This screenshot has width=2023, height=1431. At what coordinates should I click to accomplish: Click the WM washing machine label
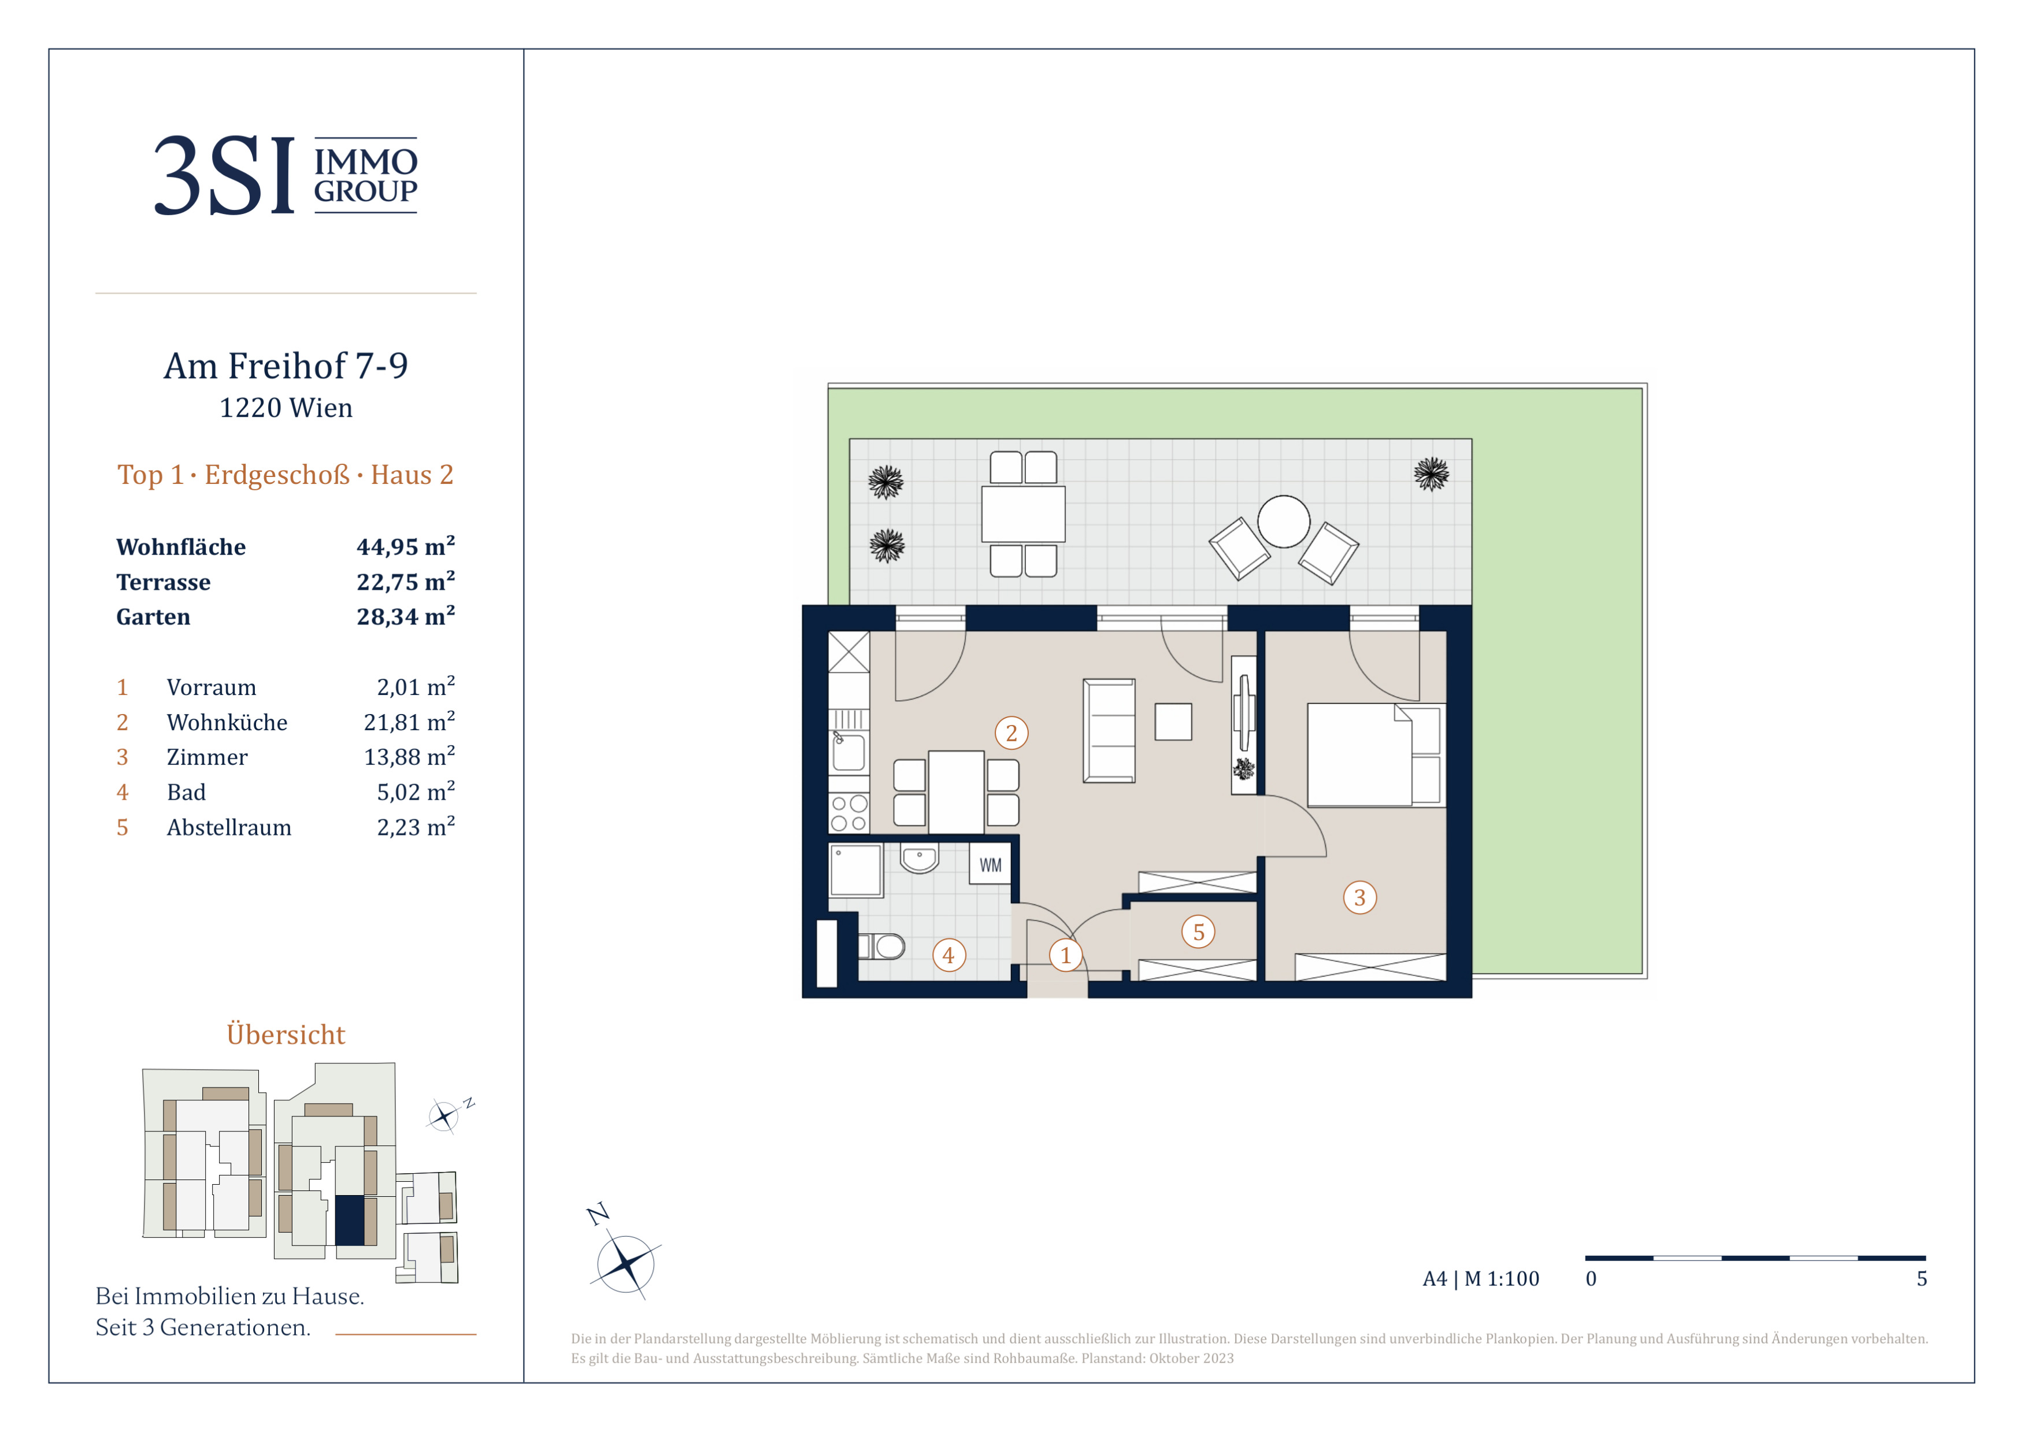click(x=990, y=866)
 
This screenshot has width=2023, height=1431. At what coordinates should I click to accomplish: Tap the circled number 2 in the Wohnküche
click(x=1011, y=733)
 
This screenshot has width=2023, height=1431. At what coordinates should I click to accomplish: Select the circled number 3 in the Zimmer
click(x=1359, y=898)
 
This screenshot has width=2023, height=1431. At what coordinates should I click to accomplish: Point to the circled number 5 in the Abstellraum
click(x=1198, y=932)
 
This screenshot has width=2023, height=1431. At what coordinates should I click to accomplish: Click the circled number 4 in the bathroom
click(x=949, y=955)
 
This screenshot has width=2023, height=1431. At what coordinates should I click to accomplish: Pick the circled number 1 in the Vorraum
click(x=1065, y=955)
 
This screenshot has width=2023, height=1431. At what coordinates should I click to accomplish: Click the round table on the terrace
click(x=1284, y=522)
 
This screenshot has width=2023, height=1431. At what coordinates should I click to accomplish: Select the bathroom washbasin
click(x=919, y=857)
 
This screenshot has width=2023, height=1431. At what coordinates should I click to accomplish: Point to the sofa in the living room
click(x=1109, y=730)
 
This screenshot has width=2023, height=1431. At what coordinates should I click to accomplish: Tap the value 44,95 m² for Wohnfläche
click(x=405, y=546)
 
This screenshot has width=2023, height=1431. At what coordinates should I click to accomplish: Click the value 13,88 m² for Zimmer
click(x=409, y=757)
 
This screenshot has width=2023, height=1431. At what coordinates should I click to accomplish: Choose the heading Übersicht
click(x=286, y=1034)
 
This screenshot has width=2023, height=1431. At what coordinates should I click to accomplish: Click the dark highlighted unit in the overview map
click(x=350, y=1221)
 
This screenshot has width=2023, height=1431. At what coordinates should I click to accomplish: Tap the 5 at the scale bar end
click(x=1922, y=1278)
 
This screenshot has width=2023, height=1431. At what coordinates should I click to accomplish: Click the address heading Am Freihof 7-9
click(x=286, y=365)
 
